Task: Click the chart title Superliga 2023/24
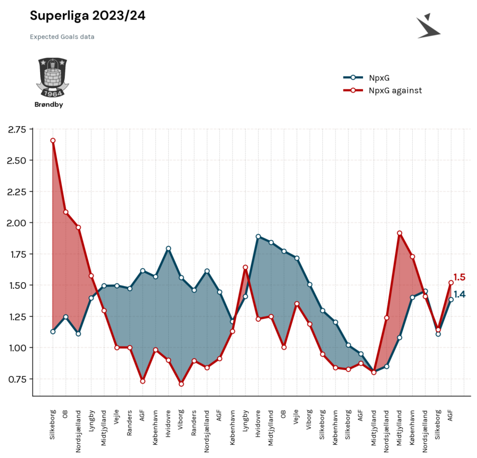click(87, 16)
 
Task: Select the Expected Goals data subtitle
click(62, 37)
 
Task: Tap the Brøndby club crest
click(53, 78)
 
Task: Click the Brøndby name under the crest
click(49, 104)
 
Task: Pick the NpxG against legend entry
click(383, 90)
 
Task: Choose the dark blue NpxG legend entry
click(366, 78)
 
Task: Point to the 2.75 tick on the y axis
click(17, 130)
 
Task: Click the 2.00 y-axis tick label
click(17, 223)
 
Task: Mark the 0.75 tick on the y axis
click(17, 379)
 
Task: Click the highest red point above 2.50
click(53, 141)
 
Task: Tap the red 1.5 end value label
click(459, 277)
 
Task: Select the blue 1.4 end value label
click(459, 294)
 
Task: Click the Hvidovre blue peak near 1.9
click(258, 237)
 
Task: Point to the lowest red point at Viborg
click(181, 384)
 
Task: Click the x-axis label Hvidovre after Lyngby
click(258, 424)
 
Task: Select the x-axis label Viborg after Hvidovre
click(309, 419)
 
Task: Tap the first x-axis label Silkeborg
click(53, 425)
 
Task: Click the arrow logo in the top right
click(428, 26)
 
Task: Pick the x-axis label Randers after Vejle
click(130, 423)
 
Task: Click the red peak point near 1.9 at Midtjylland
click(400, 233)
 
